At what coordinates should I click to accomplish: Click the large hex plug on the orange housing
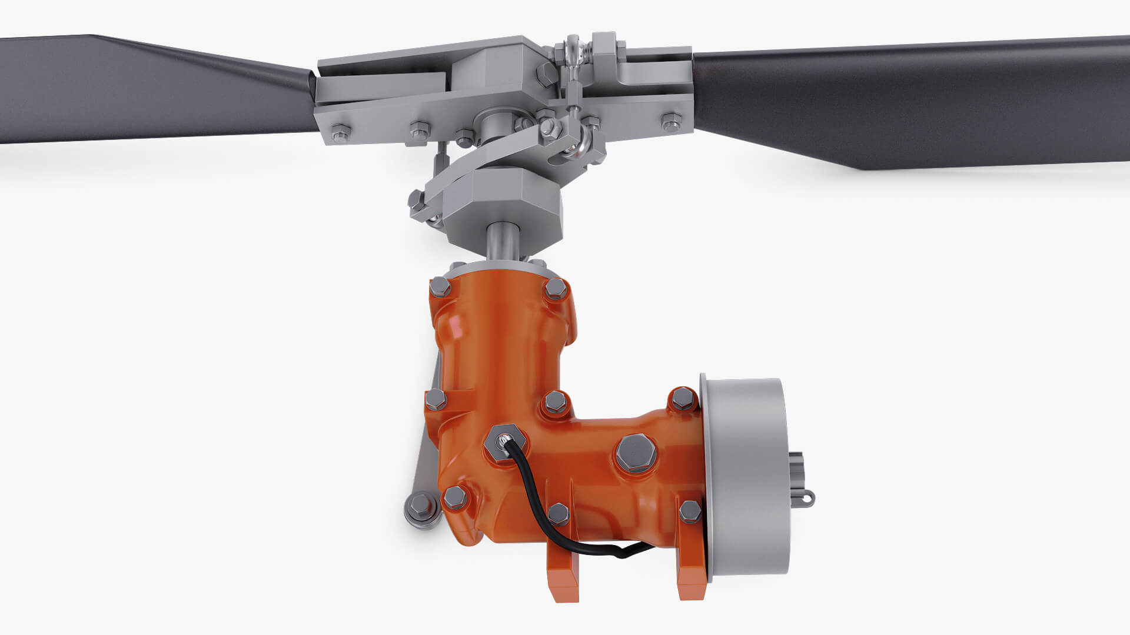coord(636,453)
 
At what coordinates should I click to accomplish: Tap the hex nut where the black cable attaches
coord(506,442)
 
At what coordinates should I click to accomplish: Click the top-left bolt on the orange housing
coord(440,288)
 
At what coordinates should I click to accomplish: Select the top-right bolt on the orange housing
coord(555,289)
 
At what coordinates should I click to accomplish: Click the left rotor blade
coord(147,88)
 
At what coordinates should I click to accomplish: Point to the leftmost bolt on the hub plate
coord(340,132)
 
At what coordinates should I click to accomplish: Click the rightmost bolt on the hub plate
coord(671,123)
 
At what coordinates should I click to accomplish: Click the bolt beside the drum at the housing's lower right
coord(690,511)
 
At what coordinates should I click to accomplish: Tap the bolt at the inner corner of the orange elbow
coord(556,403)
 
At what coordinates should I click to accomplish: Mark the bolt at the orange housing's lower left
coord(454,497)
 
